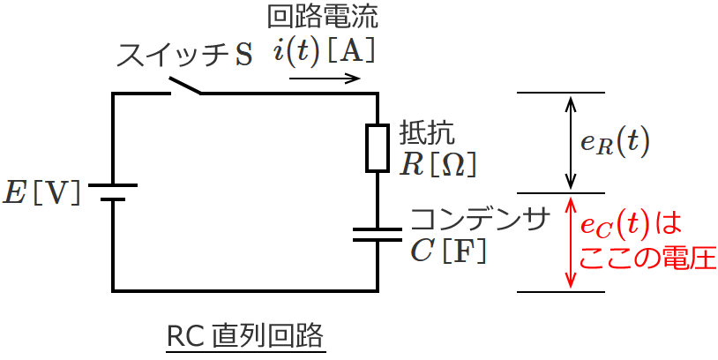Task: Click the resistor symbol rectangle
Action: pyautogui.click(x=377, y=147)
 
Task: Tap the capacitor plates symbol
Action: pyautogui.click(x=377, y=235)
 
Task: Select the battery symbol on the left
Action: pyautogui.click(x=113, y=192)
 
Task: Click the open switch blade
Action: pyautogui.click(x=184, y=86)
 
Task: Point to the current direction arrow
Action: pyautogui.click(x=325, y=79)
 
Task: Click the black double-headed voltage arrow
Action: pyautogui.click(x=571, y=142)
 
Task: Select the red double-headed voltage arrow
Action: pyautogui.click(x=571, y=242)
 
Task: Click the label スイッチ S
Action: pyautogui.click(x=184, y=55)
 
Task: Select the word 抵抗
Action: pyautogui.click(x=428, y=131)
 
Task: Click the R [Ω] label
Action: pyautogui.click(x=438, y=163)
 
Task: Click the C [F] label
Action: pyautogui.click(x=449, y=251)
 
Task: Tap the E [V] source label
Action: pyautogui.click(x=41, y=192)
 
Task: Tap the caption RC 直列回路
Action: pyautogui.click(x=245, y=336)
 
